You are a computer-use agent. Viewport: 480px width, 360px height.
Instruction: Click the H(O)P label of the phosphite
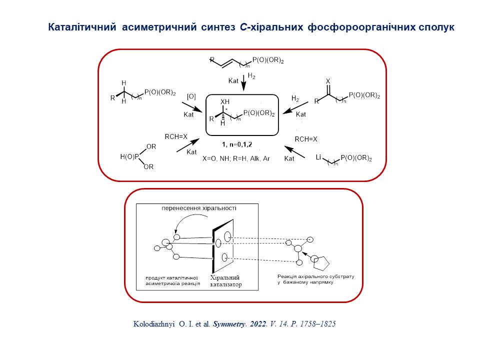point(130,156)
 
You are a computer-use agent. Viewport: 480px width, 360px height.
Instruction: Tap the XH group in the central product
point(225,101)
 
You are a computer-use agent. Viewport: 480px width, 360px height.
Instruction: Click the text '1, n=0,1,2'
point(237,144)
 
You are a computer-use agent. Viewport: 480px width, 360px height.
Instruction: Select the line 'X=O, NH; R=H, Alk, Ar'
point(236,157)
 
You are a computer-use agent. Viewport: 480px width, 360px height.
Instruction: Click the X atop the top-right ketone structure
point(328,80)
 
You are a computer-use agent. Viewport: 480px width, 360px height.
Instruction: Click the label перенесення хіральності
point(199,207)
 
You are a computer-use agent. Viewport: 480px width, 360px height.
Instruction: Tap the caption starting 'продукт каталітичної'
point(172,280)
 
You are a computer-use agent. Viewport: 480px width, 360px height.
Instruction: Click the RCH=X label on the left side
point(176,136)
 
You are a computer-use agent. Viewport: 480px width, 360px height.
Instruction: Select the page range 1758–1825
point(314,323)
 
